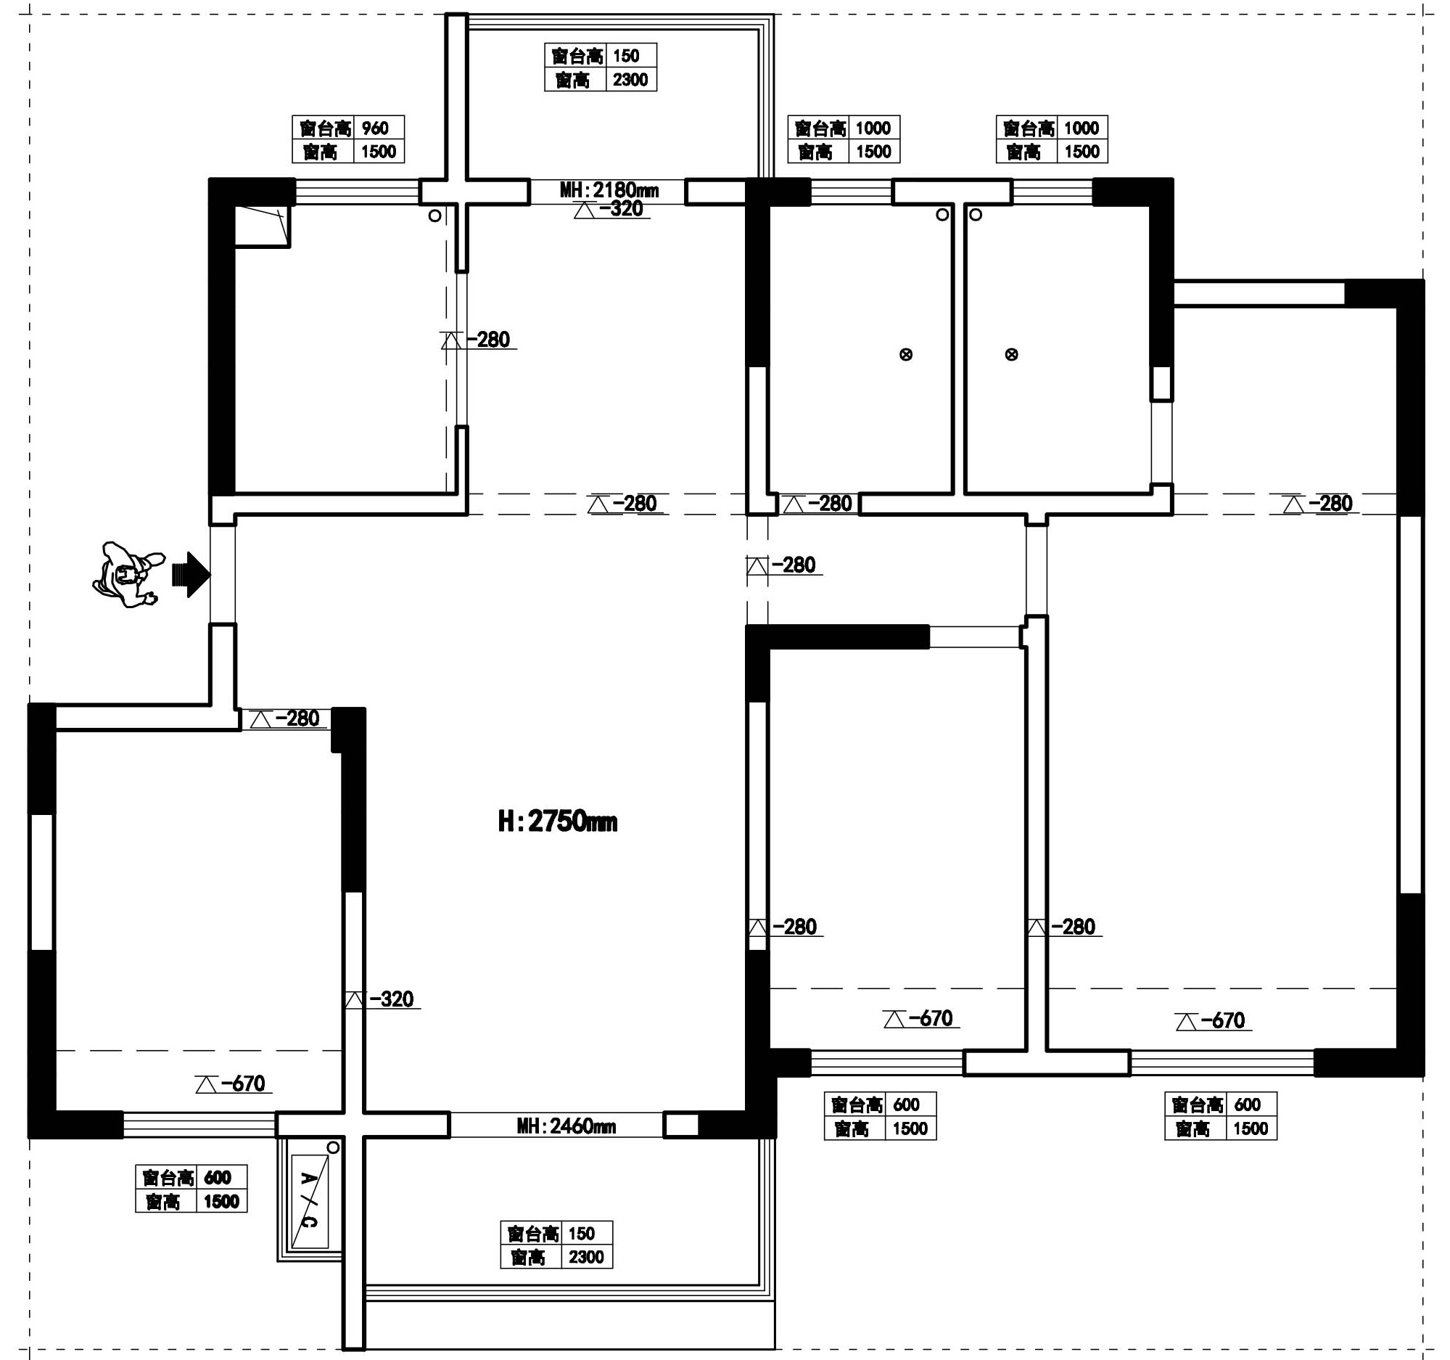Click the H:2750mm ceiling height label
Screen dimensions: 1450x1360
point(558,822)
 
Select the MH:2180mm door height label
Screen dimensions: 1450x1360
point(609,190)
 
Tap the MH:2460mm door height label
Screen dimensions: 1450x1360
point(567,1126)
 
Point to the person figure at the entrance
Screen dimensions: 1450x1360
point(125,575)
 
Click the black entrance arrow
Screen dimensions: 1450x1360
point(191,575)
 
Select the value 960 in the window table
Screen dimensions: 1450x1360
point(376,128)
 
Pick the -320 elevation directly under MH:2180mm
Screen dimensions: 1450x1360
point(612,210)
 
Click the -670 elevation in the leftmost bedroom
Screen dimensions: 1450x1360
point(234,1084)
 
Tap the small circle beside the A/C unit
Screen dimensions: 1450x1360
point(334,1147)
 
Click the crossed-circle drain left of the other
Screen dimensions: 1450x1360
point(906,355)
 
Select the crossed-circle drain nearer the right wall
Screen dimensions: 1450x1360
point(1012,355)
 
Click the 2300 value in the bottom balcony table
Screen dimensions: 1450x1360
point(586,1257)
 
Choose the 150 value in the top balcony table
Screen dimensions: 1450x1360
point(626,56)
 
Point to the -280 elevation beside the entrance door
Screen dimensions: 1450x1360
point(285,718)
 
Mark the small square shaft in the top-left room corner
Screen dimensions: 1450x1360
point(262,226)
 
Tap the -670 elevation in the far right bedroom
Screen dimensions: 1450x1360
point(1214,1021)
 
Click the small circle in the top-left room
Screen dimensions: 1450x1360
point(434,216)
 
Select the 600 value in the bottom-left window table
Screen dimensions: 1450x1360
point(218,1178)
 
